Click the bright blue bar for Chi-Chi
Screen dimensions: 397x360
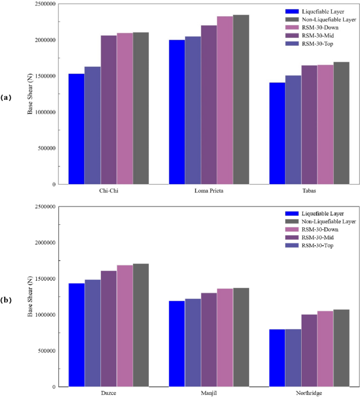(x=76, y=129)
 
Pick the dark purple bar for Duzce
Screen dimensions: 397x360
(x=109, y=329)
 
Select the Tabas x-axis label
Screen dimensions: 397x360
(x=309, y=191)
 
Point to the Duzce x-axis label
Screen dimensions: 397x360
(x=109, y=393)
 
